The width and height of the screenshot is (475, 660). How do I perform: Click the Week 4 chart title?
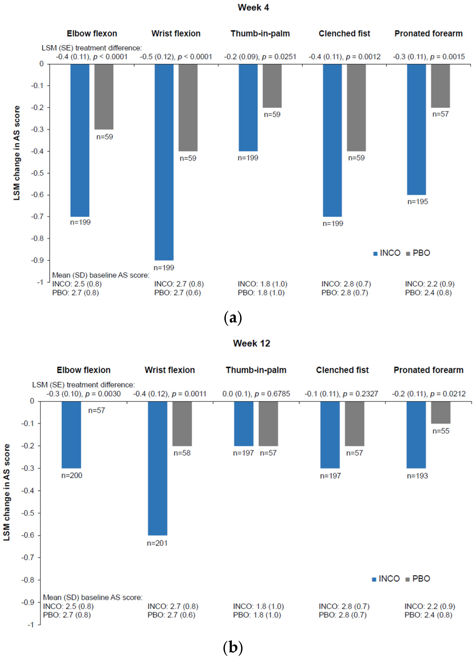pyautogui.click(x=253, y=8)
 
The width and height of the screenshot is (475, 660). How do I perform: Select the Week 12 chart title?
pyautogui.click(x=252, y=343)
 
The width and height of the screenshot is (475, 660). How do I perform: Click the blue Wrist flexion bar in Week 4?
pyautogui.click(x=164, y=162)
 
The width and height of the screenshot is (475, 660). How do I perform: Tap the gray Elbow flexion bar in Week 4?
pyautogui.click(x=104, y=97)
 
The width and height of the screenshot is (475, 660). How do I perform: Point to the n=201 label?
pyautogui.click(x=157, y=543)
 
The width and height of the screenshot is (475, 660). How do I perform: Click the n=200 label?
pyautogui.click(x=72, y=476)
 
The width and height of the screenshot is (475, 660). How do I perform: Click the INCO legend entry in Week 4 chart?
pyautogui.click(x=387, y=253)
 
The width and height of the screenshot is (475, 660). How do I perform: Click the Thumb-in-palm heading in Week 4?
pyautogui.click(x=260, y=34)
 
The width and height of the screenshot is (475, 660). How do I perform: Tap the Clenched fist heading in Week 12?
pyautogui.click(x=342, y=370)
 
